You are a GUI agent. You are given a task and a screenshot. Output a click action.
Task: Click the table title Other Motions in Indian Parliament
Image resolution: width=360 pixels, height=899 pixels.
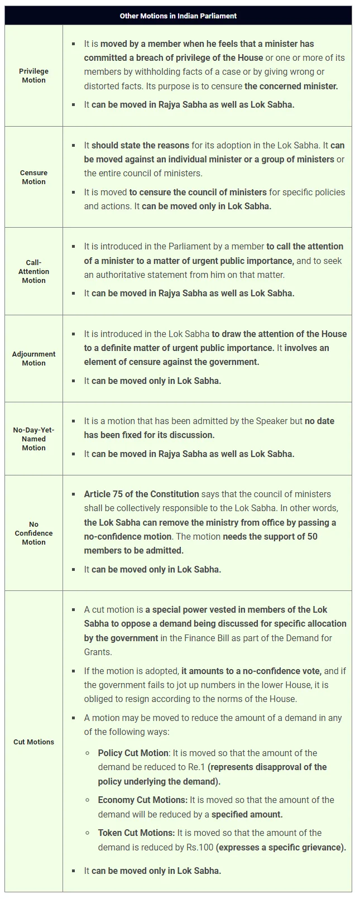pos(178,16)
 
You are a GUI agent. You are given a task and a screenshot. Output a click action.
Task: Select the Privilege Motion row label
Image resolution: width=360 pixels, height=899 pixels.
pos(33,76)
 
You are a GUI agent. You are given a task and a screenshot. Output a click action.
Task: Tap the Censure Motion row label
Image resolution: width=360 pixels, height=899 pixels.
pos(33,177)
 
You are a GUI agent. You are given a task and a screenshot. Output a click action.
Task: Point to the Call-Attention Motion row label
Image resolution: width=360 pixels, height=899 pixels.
pos(33,271)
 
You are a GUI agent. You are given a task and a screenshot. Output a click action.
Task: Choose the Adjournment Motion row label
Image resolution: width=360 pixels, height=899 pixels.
pos(33,358)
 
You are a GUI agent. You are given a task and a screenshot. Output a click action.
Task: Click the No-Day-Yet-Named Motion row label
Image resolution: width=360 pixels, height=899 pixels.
pos(33,439)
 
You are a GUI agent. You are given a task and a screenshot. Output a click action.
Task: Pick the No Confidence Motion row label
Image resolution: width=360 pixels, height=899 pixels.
pos(33,533)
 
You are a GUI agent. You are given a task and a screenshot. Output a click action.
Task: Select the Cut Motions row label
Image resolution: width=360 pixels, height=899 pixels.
pos(33,742)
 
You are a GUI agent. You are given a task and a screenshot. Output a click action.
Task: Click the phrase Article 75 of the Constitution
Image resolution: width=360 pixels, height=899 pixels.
pos(141,494)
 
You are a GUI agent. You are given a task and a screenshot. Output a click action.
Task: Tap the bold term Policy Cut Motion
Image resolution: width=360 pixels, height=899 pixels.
pos(133,753)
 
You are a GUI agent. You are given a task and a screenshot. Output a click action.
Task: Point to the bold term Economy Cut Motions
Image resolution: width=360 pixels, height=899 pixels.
pos(142,800)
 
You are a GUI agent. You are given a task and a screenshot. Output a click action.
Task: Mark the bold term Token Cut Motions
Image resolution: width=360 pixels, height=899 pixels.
pos(136,833)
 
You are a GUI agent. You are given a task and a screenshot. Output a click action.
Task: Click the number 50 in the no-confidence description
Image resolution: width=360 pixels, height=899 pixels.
pos(312,536)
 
